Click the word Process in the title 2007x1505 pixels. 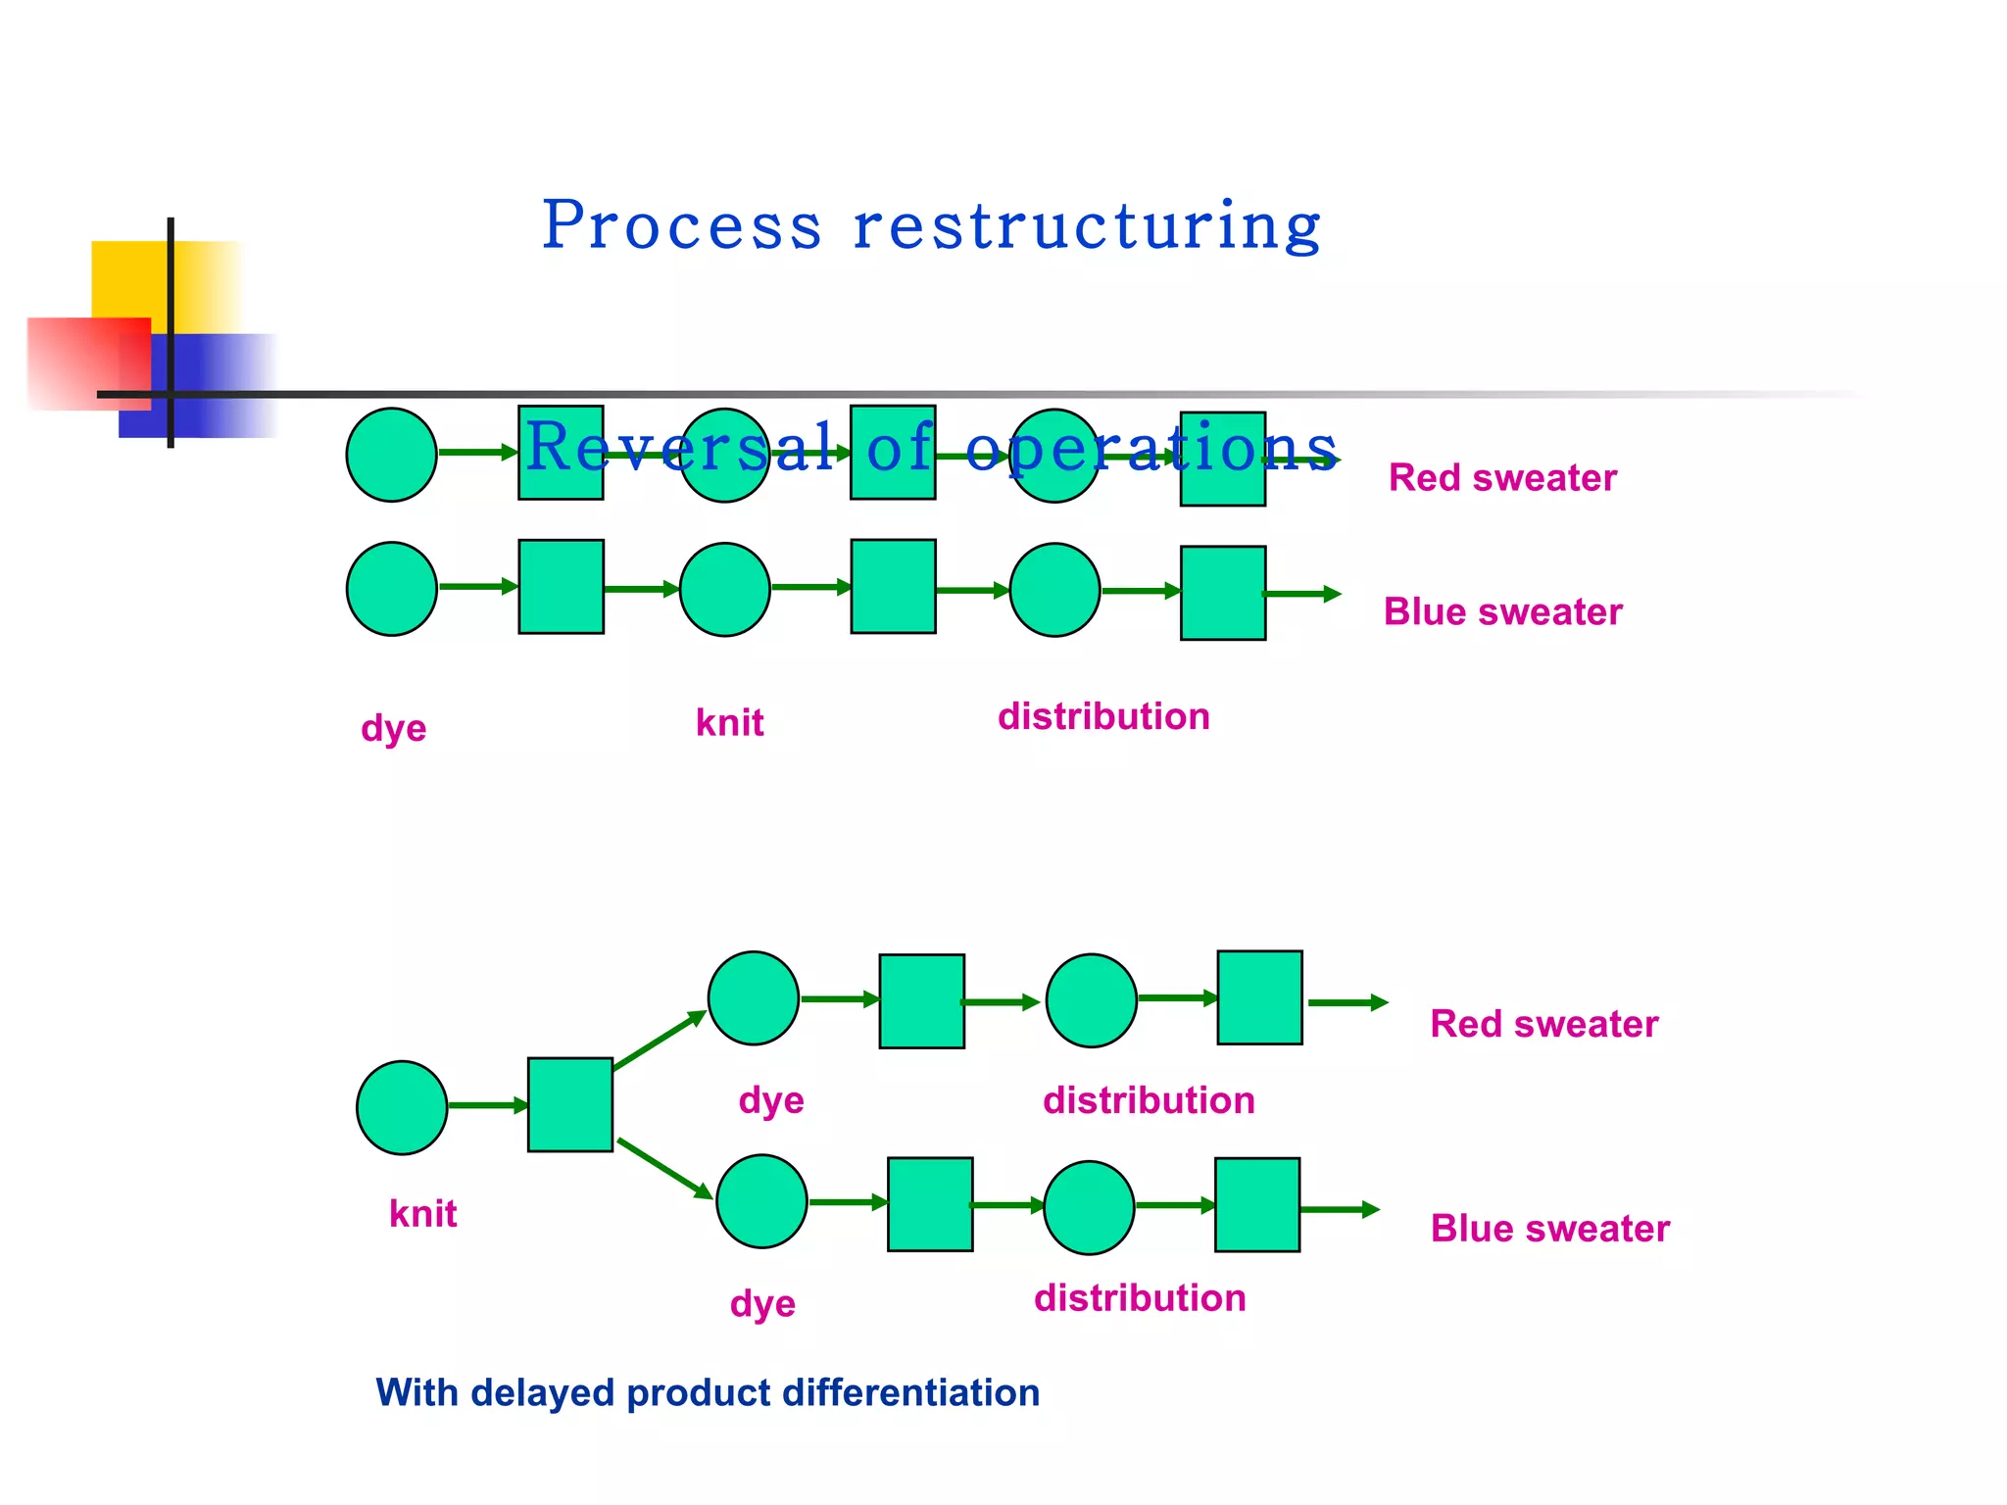(x=681, y=226)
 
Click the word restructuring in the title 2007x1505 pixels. (x=1087, y=226)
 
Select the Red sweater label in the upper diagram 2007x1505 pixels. (x=1501, y=478)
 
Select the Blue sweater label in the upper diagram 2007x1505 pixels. (x=1502, y=612)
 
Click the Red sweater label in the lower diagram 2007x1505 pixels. (x=1543, y=1024)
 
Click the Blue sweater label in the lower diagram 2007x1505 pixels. (x=1549, y=1229)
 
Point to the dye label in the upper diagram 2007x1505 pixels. (x=393, y=729)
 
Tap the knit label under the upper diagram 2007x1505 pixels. (x=729, y=723)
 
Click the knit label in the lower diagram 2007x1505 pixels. (x=422, y=1214)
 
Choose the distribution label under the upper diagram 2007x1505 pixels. (x=1103, y=717)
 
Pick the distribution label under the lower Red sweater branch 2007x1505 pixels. (x=1149, y=1101)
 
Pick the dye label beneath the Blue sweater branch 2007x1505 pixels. (x=762, y=1304)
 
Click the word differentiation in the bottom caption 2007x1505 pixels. (x=910, y=1393)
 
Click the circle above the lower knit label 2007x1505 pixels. (x=402, y=1107)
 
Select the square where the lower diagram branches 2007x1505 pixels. (x=570, y=1105)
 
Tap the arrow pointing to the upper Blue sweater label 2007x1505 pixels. (x=1301, y=594)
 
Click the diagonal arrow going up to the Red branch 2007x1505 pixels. (x=660, y=1041)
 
